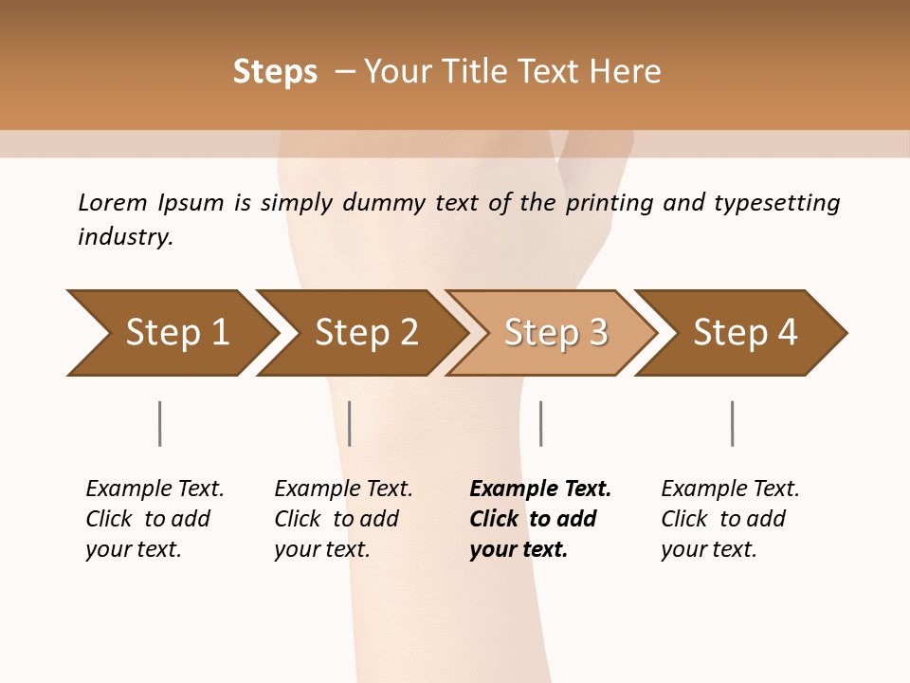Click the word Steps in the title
[275, 72]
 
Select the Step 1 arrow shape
[171, 333]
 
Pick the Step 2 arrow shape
[361, 333]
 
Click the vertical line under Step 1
[160, 423]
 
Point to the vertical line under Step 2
[350, 423]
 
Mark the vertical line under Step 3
[540, 423]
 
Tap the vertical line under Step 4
[732, 423]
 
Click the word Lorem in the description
[113, 203]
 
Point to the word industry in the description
[125, 237]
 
